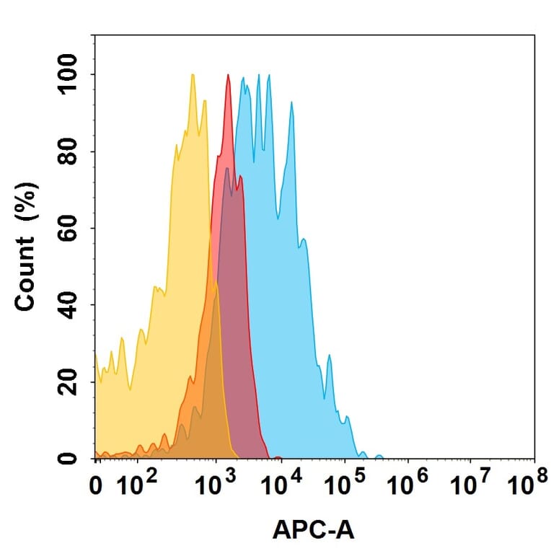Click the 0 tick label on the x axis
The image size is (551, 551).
coord(97,488)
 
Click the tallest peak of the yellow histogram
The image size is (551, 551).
coord(193,75)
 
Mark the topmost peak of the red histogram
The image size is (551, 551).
coord(229,76)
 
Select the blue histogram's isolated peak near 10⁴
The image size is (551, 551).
coord(291,103)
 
